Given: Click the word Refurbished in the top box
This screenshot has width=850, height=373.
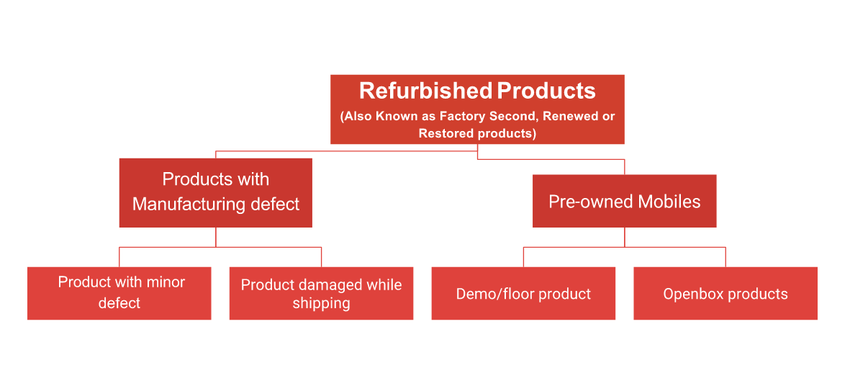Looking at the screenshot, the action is coord(425,91).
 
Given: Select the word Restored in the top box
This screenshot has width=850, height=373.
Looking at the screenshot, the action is coord(441,133).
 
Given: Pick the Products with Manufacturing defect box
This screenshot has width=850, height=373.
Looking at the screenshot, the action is coord(216,192).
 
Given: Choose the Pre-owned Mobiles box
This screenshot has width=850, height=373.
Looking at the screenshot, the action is coord(625,201).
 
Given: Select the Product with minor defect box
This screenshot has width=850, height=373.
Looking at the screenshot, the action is coord(119,293).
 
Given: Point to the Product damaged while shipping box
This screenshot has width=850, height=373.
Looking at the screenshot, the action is coord(322,293).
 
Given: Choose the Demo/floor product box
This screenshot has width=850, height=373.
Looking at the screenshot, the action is coord(524,293).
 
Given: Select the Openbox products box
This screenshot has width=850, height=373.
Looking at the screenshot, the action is coord(725,293).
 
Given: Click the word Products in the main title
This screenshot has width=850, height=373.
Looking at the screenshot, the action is coord(546,91).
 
